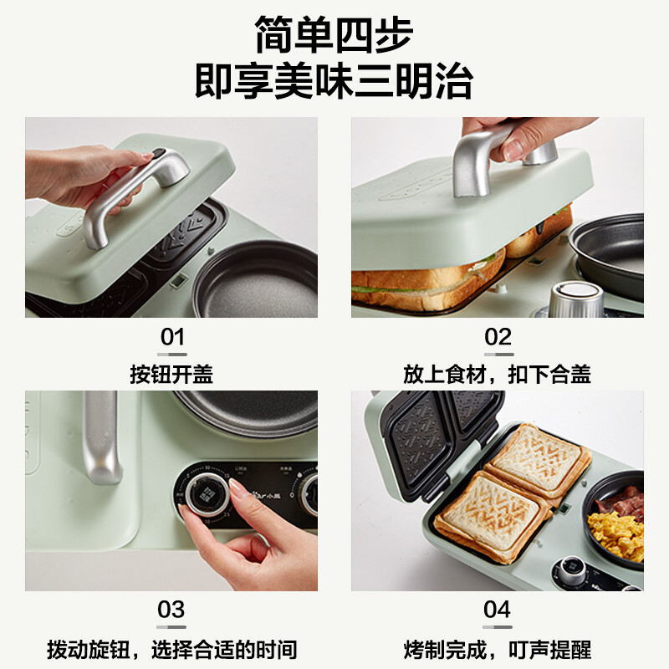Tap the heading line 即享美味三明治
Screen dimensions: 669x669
(x=334, y=82)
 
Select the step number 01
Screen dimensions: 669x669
(x=172, y=337)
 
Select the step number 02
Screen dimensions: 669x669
(x=498, y=337)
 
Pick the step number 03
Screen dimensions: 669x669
(x=172, y=610)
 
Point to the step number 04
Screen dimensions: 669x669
(x=498, y=610)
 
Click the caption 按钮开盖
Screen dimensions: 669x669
(x=171, y=374)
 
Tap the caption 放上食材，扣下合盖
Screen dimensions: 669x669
(x=498, y=374)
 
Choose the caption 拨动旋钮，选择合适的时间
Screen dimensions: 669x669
(x=171, y=648)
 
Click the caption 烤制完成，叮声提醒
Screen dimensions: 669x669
(x=498, y=648)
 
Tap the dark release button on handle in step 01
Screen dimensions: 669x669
(x=157, y=154)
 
